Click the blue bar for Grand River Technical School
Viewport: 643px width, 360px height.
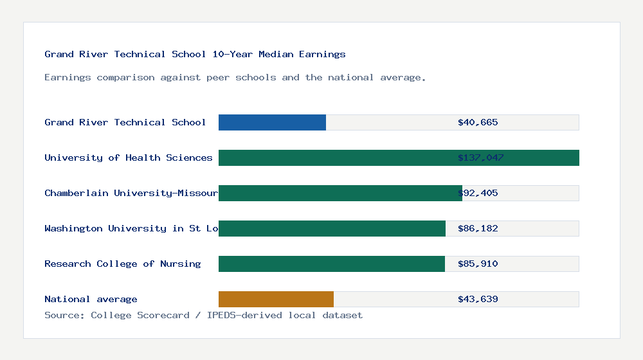pyautogui.click(x=272, y=122)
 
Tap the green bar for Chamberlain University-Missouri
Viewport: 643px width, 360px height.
pyautogui.click(x=340, y=193)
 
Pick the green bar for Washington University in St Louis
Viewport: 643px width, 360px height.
pyautogui.click(x=332, y=228)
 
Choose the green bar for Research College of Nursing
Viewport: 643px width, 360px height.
pyautogui.click(x=331, y=264)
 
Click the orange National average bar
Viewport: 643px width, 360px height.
pyautogui.click(x=276, y=299)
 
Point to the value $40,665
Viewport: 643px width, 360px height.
pyautogui.click(x=478, y=122)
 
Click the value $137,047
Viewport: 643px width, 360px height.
pyautogui.click(x=480, y=157)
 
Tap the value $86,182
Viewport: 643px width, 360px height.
pyautogui.click(x=478, y=228)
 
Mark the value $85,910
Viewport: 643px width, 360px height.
pyautogui.click(x=478, y=264)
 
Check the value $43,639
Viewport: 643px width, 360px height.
pyautogui.click(x=478, y=299)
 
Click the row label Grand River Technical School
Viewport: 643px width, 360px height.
pyautogui.click(x=125, y=122)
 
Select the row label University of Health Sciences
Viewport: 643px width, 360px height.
pyautogui.click(x=129, y=157)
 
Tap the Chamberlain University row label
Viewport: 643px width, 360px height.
pyautogui.click(x=131, y=193)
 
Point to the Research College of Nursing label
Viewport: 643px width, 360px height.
pyautogui.click(x=122, y=264)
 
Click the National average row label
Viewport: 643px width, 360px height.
pyautogui.click(x=91, y=299)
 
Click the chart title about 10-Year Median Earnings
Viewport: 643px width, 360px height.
pyautogui.click(x=195, y=54)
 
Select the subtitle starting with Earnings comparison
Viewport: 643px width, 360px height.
pyautogui.click(x=235, y=77)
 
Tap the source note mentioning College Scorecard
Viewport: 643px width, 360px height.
pyautogui.click(x=203, y=315)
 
